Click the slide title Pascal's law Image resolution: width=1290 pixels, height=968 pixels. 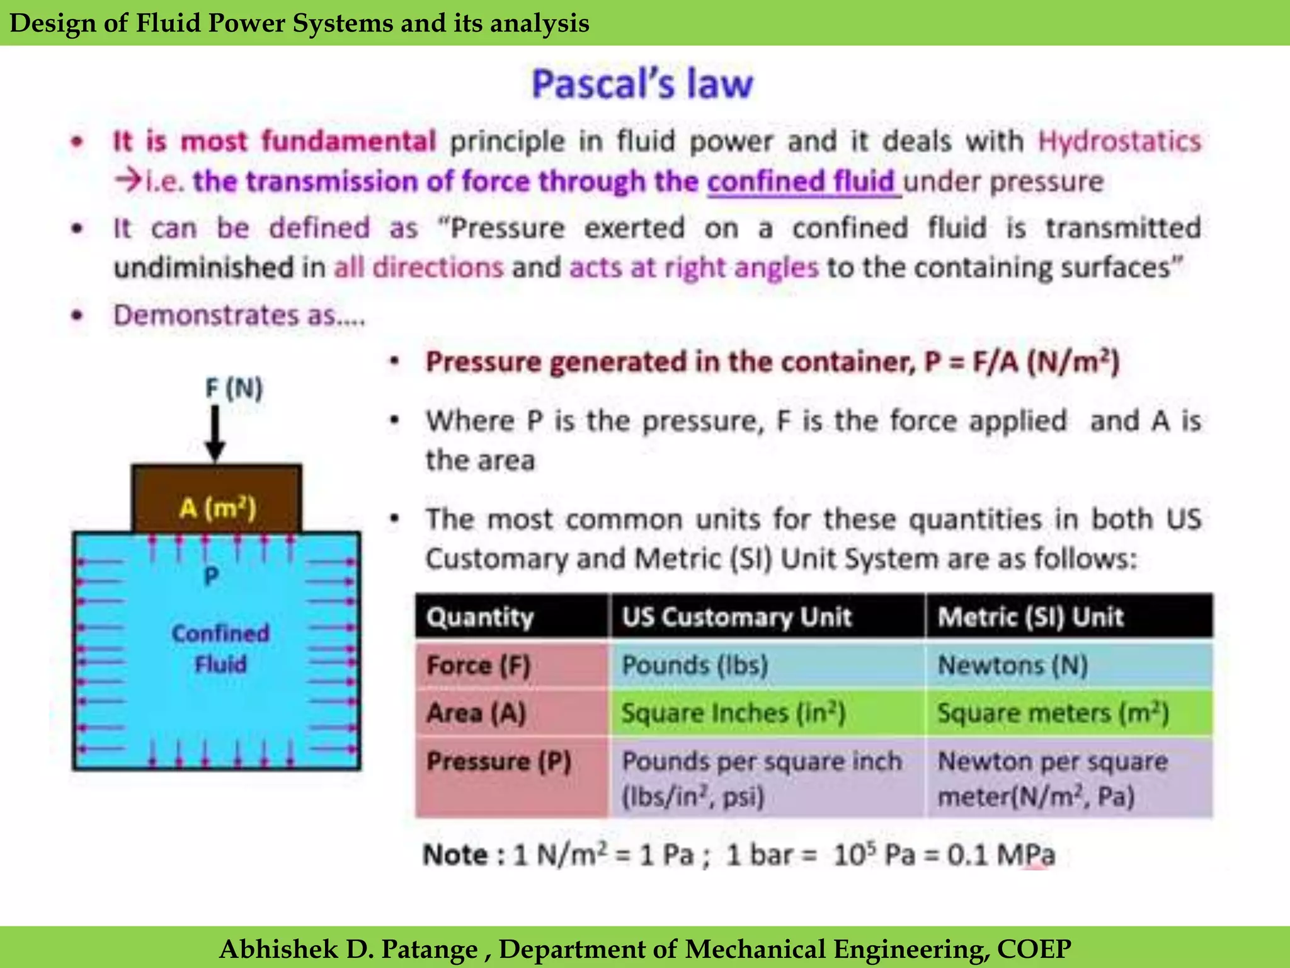click(x=642, y=84)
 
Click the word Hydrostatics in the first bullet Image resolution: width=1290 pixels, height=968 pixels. click(x=1119, y=141)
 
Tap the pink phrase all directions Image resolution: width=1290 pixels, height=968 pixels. click(x=418, y=268)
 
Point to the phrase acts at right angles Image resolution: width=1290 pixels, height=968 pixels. click(x=694, y=268)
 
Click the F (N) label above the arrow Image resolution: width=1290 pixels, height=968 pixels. click(x=234, y=388)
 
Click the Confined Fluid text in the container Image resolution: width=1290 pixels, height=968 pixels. click(x=220, y=648)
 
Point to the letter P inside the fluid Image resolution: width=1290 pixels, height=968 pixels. click(x=212, y=575)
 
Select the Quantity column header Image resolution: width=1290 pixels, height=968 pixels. click(x=480, y=617)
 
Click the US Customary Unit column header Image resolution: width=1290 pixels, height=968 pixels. click(x=736, y=617)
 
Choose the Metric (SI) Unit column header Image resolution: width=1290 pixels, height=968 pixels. click(x=1030, y=617)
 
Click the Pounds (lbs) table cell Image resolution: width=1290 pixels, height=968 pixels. click(x=695, y=665)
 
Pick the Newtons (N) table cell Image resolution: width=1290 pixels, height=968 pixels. click(x=1013, y=665)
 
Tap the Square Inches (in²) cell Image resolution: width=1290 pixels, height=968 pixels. click(x=733, y=713)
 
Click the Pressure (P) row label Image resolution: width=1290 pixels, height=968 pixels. click(x=499, y=761)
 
